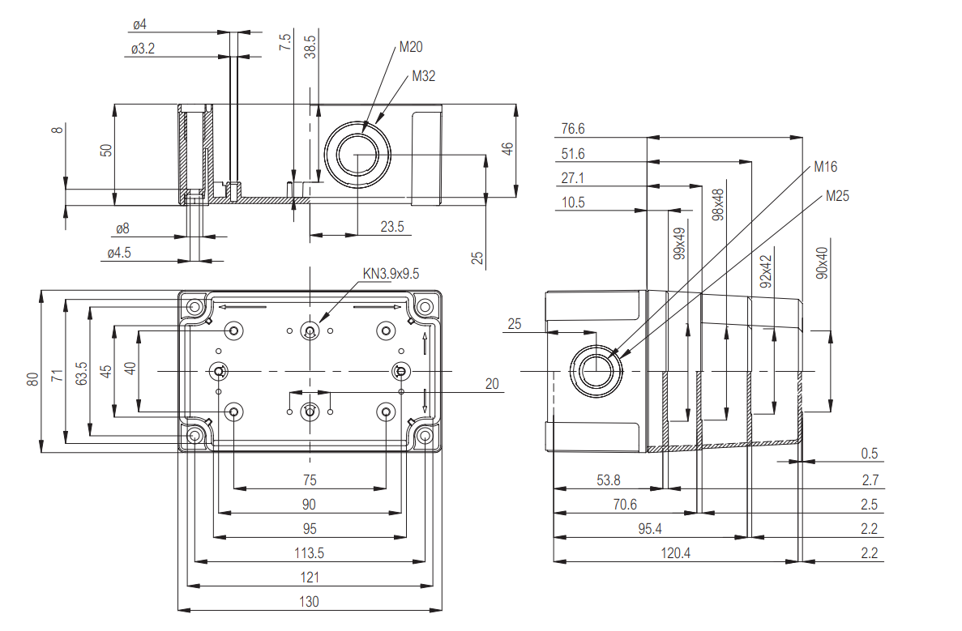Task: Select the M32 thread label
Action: click(x=423, y=76)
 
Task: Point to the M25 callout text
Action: click(x=837, y=195)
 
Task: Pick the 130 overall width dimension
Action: click(x=309, y=601)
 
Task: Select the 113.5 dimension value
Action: click(x=309, y=553)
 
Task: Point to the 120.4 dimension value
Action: click(x=672, y=553)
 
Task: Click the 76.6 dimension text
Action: click(x=572, y=129)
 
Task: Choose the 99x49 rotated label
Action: click(x=679, y=242)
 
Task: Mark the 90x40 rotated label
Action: click(x=823, y=264)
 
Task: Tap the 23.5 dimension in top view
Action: click(x=392, y=227)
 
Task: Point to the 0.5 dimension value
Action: click(x=870, y=454)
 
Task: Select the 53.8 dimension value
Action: click(x=609, y=480)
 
